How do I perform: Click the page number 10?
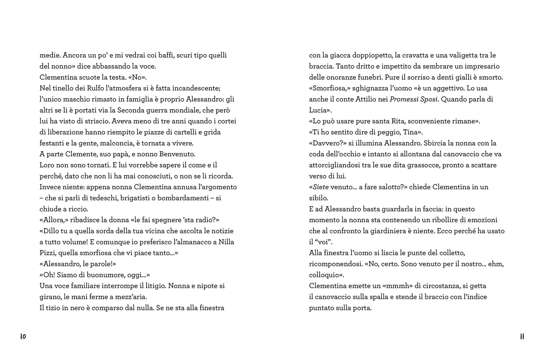point(23,337)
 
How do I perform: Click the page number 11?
point(522,337)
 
